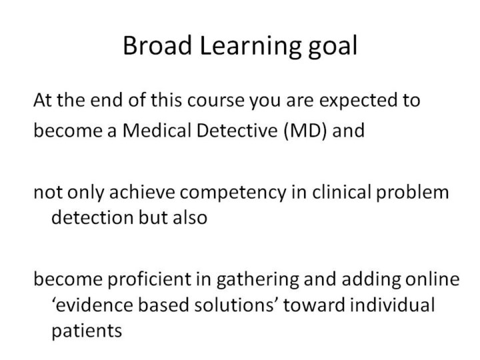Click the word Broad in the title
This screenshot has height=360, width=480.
(x=157, y=45)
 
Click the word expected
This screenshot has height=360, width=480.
(x=357, y=101)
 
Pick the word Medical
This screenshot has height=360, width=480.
(x=157, y=130)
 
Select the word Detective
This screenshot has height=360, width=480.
(x=237, y=130)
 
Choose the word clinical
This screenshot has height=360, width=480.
(x=341, y=192)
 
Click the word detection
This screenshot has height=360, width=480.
(x=93, y=217)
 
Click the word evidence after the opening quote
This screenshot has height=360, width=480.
(x=95, y=305)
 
